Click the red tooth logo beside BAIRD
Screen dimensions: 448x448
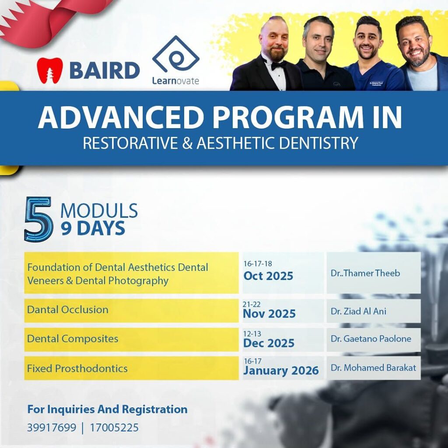(x=49, y=70)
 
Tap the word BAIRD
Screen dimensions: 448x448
(x=105, y=70)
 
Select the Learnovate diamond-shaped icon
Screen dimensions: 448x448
(x=175, y=55)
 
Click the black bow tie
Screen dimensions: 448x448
(x=278, y=65)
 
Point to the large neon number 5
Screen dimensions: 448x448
(x=38, y=219)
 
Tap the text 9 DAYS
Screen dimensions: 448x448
(x=93, y=228)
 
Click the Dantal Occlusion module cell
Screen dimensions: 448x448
(x=131, y=310)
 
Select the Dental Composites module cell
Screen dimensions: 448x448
(x=131, y=339)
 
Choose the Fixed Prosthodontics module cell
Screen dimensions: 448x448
(x=131, y=368)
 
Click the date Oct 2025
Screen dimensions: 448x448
(x=268, y=276)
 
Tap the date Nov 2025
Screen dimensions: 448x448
(x=269, y=314)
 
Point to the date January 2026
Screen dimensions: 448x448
(x=281, y=371)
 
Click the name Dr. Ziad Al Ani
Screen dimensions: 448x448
(x=358, y=311)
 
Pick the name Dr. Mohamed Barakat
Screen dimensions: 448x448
(x=373, y=367)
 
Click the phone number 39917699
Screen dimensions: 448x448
(x=52, y=427)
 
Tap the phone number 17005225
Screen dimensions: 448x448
(x=114, y=427)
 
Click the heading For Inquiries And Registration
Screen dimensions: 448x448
(x=107, y=409)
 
